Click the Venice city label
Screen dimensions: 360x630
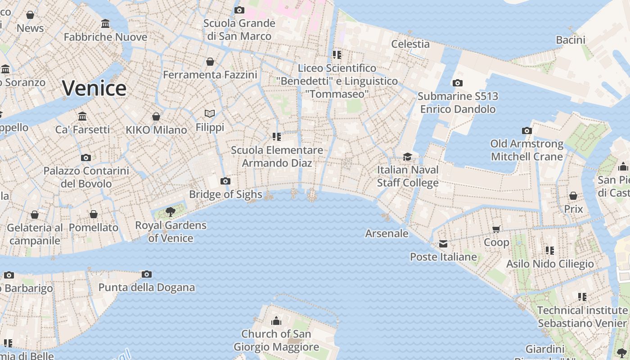(94, 88)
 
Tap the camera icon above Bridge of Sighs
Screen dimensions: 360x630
(225, 181)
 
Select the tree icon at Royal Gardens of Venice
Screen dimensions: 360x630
(171, 212)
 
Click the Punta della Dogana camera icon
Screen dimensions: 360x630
(147, 274)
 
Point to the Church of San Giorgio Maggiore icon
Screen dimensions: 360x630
(276, 321)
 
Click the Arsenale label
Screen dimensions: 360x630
(387, 234)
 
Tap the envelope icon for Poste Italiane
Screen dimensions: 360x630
(443, 244)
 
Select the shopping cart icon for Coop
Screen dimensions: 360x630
(496, 229)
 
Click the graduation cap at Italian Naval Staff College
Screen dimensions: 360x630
(408, 157)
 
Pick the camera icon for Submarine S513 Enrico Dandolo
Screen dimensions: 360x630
(457, 83)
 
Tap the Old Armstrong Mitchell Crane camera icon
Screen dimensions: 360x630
(527, 131)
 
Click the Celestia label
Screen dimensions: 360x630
(410, 44)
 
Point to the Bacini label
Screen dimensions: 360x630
(571, 40)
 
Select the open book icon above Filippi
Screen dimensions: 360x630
(210, 114)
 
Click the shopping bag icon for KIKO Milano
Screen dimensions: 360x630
(156, 117)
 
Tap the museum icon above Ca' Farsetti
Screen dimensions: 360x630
(82, 117)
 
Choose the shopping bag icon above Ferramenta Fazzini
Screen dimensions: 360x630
(210, 62)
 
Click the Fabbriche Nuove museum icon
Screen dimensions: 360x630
(105, 24)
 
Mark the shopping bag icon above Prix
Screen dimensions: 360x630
(573, 196)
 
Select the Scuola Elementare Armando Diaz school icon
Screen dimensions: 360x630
(277, 137)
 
